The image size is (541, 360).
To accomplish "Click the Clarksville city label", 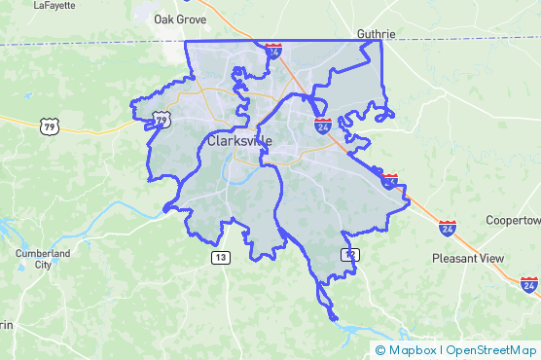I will pyautogui.click(x=239, y=141).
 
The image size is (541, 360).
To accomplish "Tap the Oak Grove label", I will pyautogui.click(x=180, y=18).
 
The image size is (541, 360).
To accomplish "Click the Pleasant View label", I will pyautogui.click(x=468, y=259).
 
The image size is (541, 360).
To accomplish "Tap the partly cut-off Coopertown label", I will pyautogui.click(x=513, y=220).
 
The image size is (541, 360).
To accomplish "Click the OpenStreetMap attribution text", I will pyautogui.click(x=492, y=349).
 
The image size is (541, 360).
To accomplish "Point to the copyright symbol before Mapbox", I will pyautogui.click(x=381, y=349).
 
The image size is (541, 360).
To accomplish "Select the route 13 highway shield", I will pyautogui.click(x=222, y=257).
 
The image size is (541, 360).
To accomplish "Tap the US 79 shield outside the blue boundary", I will pyautogui.click(x=50, y=126).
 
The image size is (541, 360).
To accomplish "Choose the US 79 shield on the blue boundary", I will pyautogui.click(x=162, y=120).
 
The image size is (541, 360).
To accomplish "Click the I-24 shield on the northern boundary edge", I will pyautogui.click(x=274, y=48).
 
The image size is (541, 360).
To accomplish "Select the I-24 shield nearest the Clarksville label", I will pyautogui.click(x=322, y=126).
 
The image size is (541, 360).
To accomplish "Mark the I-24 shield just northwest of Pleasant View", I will pyautogui.click(x=447, y=228).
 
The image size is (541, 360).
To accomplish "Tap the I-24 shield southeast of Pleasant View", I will pyautogui.click(x=528, y=285).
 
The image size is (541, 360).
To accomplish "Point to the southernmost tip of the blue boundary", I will pyautogui.click(x=333, y=318).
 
